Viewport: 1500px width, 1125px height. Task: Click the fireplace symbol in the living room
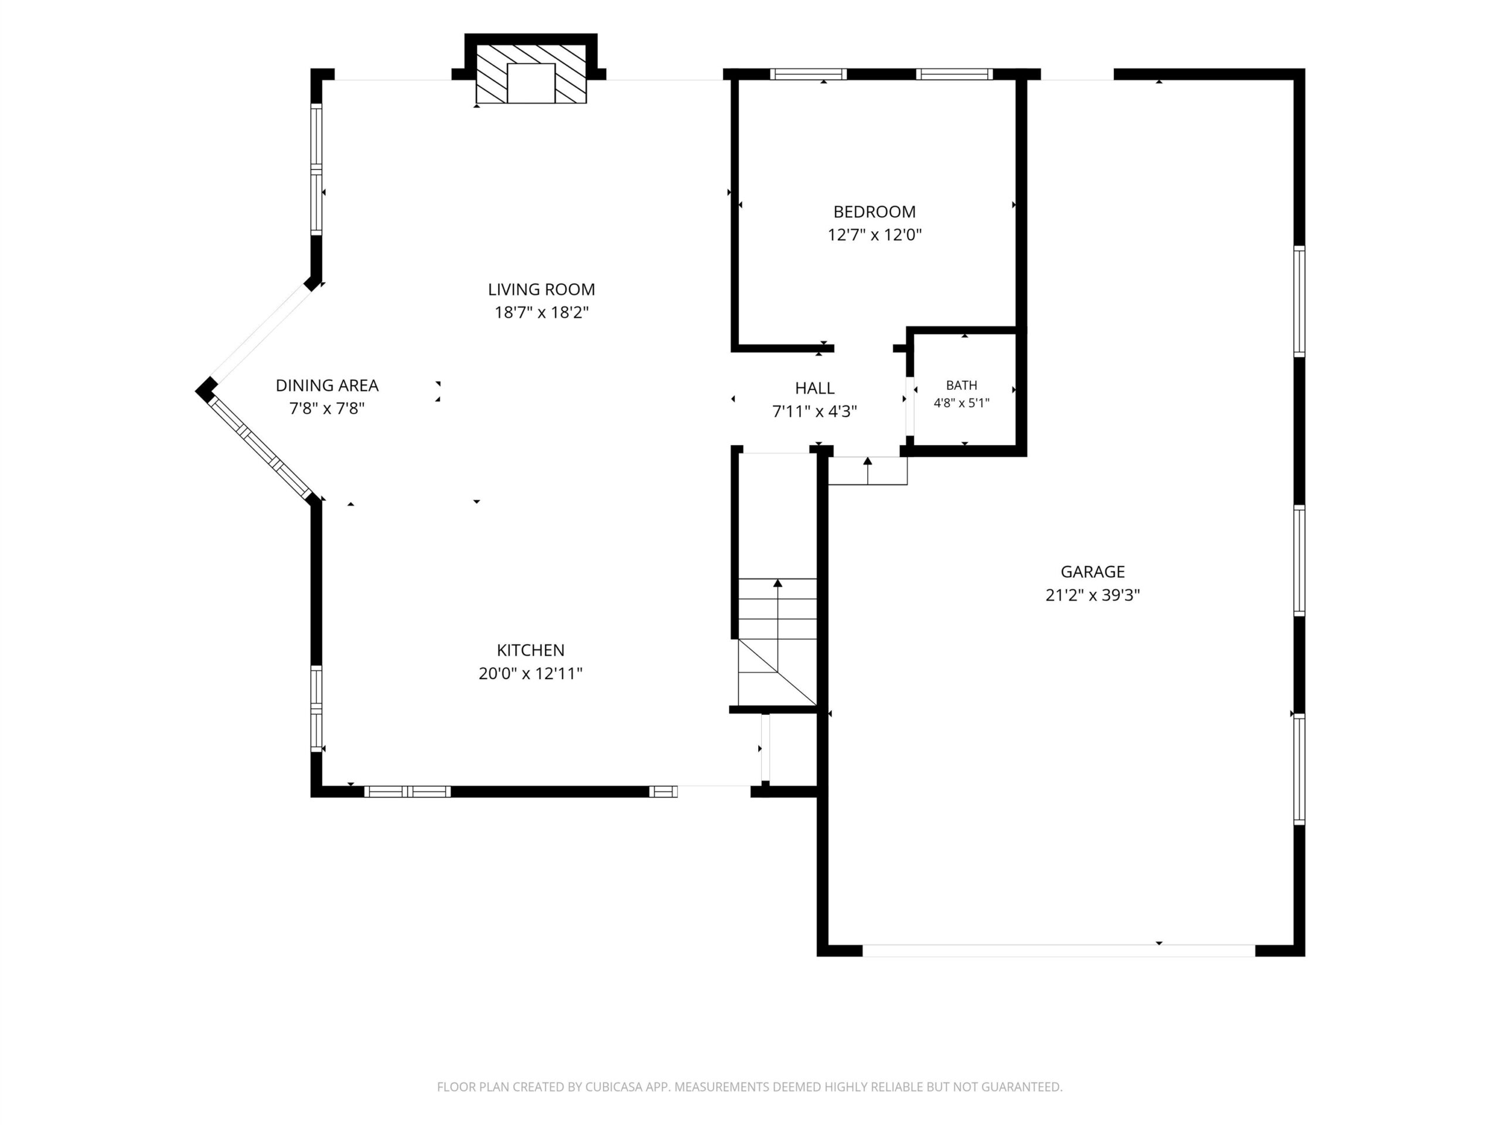pos(531,74)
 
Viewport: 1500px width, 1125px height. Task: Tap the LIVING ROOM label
pos(541,289)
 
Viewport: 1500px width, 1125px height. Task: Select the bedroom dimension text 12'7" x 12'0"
pos(874,234)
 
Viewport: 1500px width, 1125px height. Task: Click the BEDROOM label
pos(874,212)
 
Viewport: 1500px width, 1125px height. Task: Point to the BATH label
pos(962,385)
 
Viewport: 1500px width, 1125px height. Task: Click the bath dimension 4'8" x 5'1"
pos(962,403)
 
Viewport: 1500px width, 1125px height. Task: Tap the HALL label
pos(814,388)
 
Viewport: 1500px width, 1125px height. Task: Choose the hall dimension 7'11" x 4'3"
pos(814,411)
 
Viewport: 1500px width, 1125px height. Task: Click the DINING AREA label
pos(327,385)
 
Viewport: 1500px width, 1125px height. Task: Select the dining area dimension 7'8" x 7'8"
pos(327,408)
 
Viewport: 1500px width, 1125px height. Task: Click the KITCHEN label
pos(530,650)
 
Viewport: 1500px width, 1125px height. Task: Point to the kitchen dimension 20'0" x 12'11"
pos(530,673)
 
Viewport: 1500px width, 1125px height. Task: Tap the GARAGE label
pos(1092,572)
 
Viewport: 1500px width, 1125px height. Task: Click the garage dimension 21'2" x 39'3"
pos(1092,595)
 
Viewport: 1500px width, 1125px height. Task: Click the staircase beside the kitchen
pos(777,642)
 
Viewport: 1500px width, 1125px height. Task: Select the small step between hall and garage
pos(867,471)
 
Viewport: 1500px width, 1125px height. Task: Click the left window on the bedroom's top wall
pos(809,74)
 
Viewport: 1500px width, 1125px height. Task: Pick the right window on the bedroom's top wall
pos(954,74)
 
